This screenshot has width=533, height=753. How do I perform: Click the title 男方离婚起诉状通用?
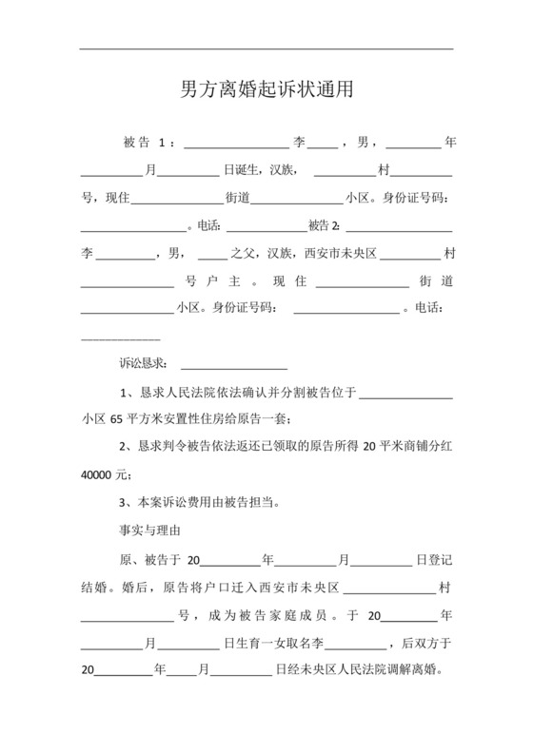(266, 90)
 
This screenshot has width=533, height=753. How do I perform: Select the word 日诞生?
(240, 171)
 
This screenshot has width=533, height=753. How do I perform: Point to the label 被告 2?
(324, 226)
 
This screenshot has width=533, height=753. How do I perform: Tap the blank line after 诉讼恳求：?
(233, 365)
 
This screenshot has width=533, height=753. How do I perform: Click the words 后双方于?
(427, 643)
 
